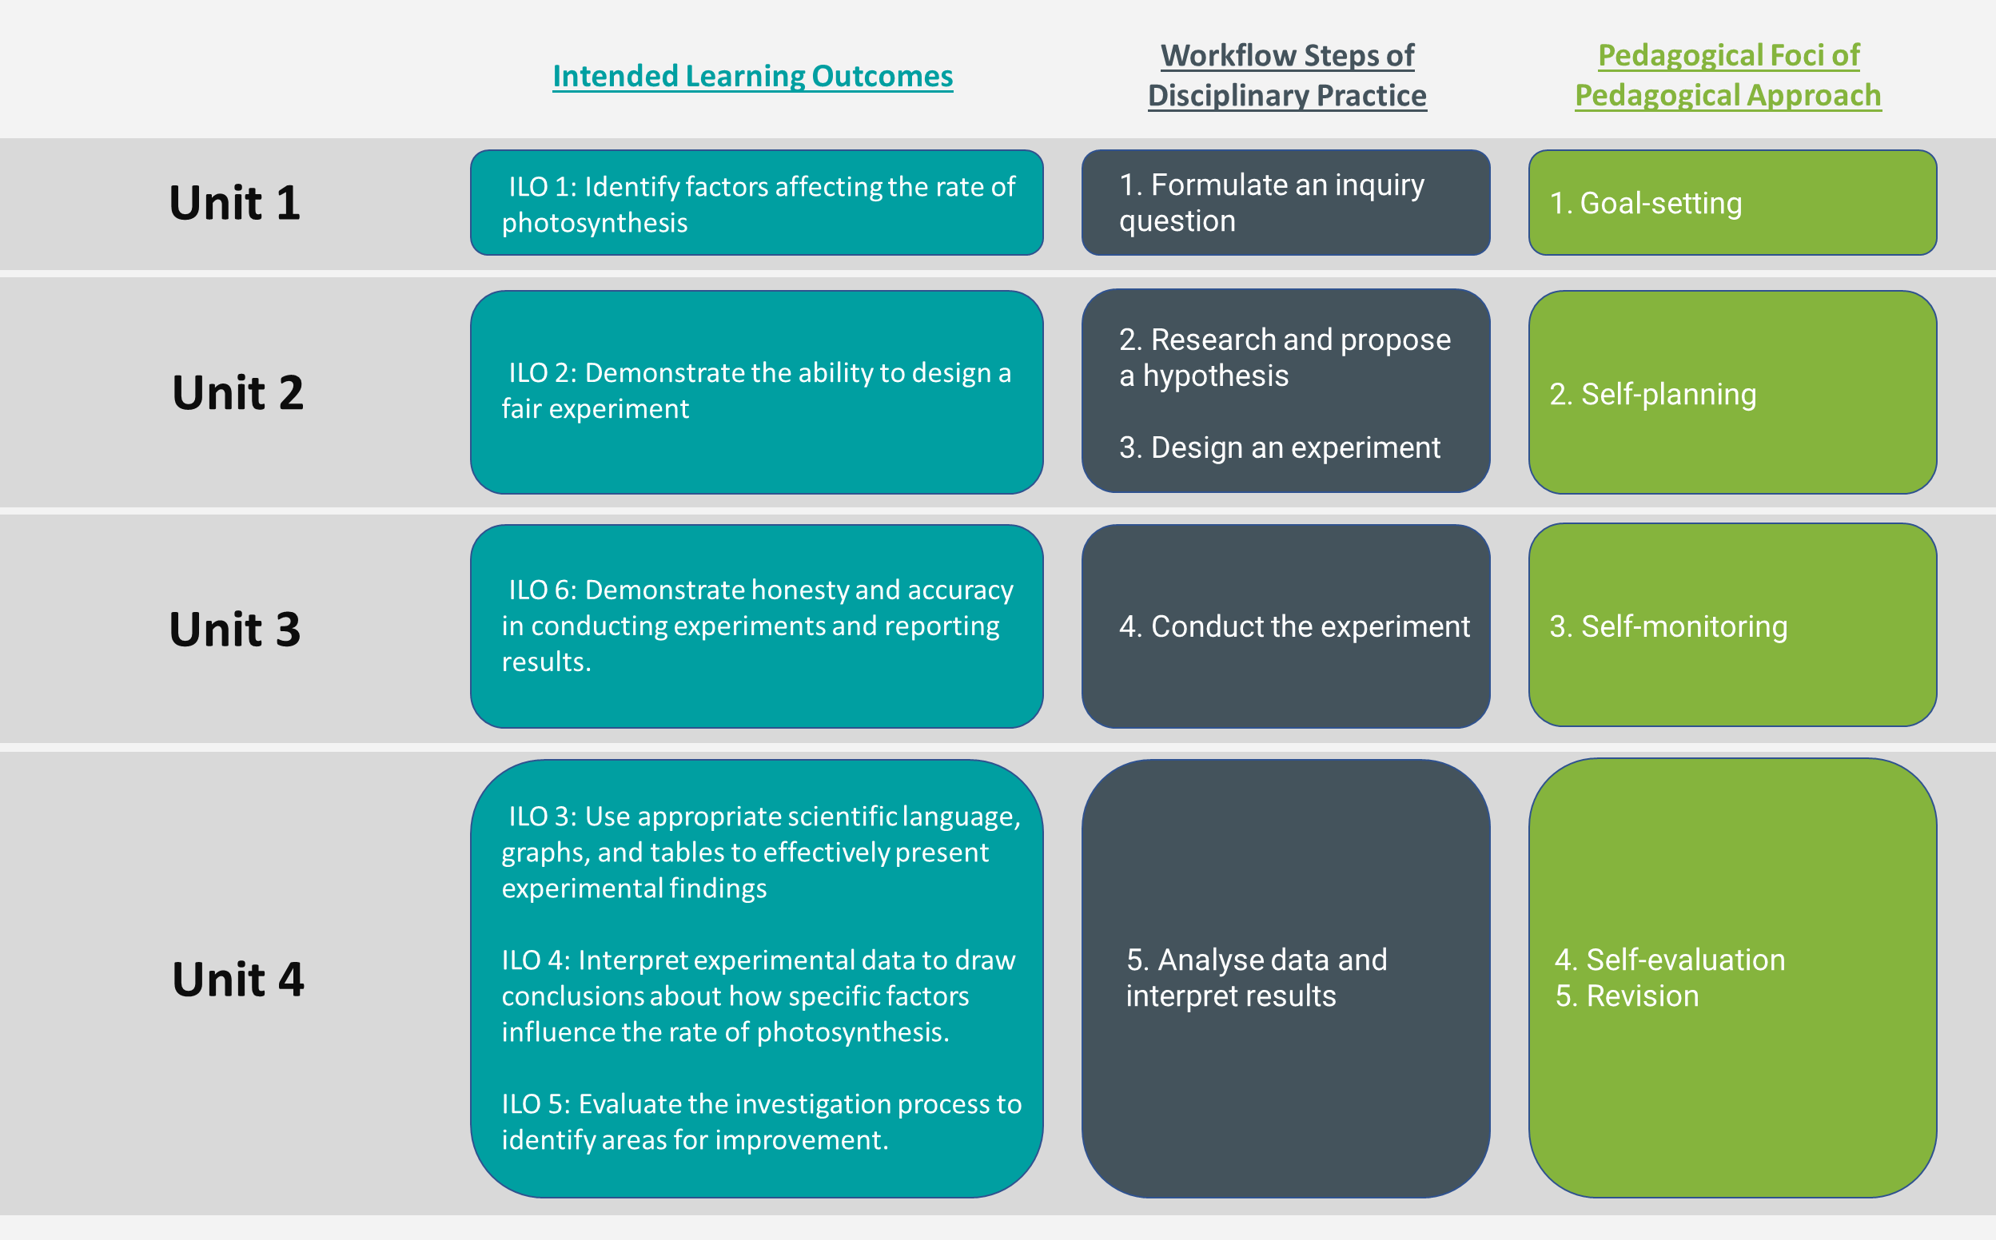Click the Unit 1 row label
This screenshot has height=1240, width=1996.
(x=235, y=203)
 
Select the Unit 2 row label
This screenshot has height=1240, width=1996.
(x=238, y=392)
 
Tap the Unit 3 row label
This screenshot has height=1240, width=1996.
(x=235, y=629)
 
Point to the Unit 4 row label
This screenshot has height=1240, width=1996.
(x=238, y=979)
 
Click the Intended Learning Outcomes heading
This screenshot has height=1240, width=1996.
(x=752, y=76)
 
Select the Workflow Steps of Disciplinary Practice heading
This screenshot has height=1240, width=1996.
(x=1286, y=75)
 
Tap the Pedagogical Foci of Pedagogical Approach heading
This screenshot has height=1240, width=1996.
(x=1727, y=75)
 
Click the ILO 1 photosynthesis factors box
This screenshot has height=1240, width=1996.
(x=756, y=205)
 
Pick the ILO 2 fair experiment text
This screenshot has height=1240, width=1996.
(x=756, y=391)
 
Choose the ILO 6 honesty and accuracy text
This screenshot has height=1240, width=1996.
(x=756, y=626)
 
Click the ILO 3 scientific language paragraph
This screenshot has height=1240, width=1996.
(x=759, y=852)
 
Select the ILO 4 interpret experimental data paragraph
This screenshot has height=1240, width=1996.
(x=758, y=996)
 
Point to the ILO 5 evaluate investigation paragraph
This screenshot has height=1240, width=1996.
(x=760, y=1122)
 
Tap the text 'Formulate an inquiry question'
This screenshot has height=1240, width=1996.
(x=1272, y=203)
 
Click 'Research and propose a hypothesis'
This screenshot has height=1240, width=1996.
(x=1285, y=358)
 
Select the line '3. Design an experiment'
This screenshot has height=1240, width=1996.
(x=1279, y=447)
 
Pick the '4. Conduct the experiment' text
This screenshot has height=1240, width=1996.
(x=1293, y=626)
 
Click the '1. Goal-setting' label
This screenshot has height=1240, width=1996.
(x=1646, y=204)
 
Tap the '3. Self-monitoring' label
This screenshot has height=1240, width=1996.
(x=1667, y=626)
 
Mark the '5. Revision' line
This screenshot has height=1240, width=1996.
(x=1627, y=996)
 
